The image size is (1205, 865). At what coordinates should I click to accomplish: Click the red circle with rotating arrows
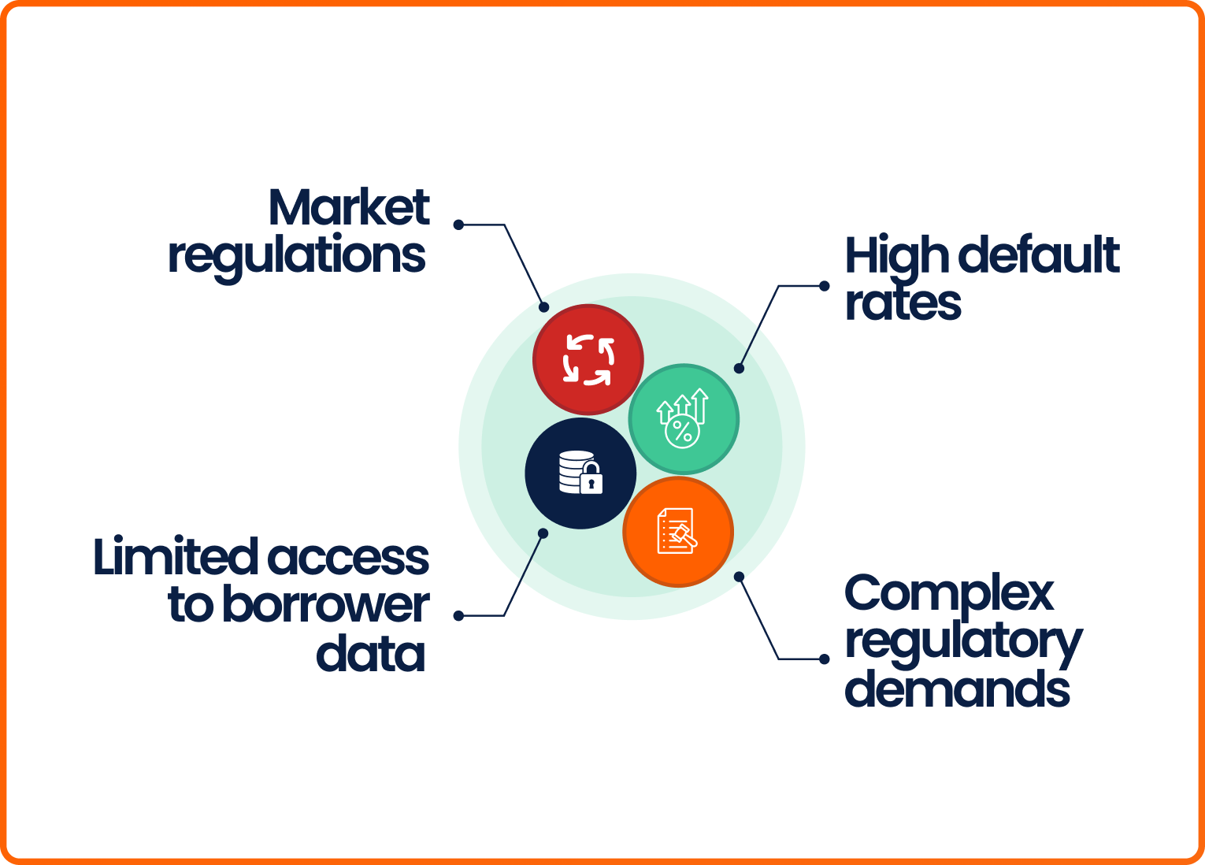click(x=588, y=360)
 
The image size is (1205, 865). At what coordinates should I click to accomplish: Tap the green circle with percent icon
click(x=684, y=419)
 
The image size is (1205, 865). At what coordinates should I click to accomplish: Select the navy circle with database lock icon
click(x=580, y=473)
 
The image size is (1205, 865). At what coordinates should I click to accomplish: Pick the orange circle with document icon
click(x=678, y=532)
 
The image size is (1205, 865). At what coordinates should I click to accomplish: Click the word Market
click(x=349, y=207)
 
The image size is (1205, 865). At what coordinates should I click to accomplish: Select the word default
click(x=1040, y=255)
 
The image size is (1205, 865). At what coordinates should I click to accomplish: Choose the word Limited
click(x=176, y=557)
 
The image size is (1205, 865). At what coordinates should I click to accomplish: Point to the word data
click(x=370, y=654)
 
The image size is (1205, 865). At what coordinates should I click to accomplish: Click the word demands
click(x=957, y=689)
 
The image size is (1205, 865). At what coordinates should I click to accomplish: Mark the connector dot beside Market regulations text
click(x=458, y=225)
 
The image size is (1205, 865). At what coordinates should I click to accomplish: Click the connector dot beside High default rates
click(x=825, y=286)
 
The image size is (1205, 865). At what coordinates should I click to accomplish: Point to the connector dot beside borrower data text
click(x=458, y=615)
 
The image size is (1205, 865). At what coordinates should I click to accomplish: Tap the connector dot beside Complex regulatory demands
click(x=825, y=659)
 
